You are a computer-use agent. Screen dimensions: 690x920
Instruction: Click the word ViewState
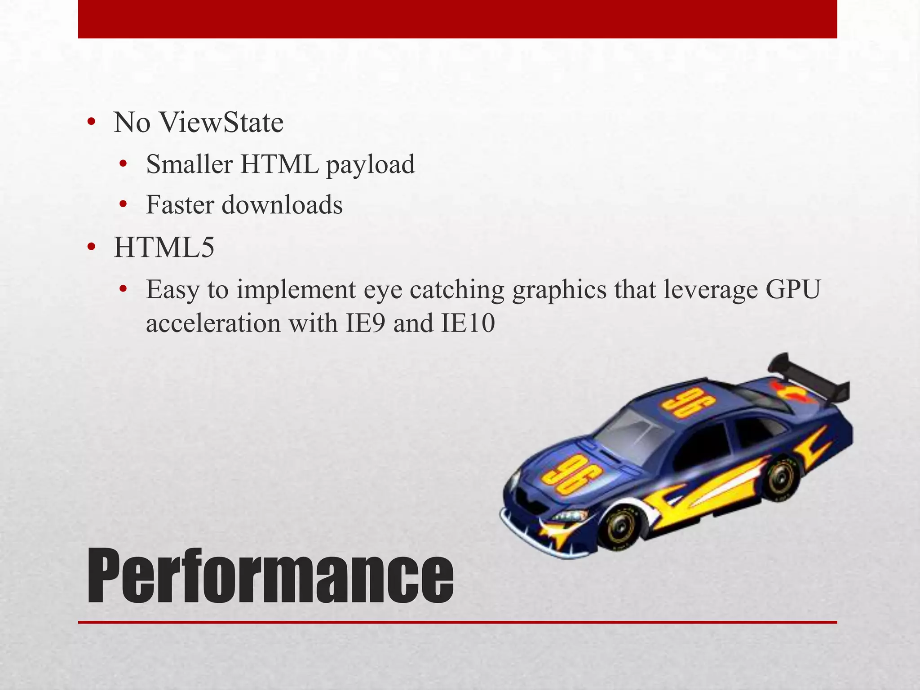coord(222,123)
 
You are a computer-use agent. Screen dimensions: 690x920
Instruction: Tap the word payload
coord(370,165)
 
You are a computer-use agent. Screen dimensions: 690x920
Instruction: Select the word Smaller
coord(189,164)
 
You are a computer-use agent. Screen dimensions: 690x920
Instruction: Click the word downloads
coord(282,205)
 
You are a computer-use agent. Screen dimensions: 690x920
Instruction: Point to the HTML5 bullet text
coord(164,248)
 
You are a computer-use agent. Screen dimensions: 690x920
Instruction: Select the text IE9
coord(365,323)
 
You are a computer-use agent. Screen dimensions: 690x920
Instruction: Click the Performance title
coord(270,577)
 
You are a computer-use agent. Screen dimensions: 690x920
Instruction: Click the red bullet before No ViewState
coord(91,123)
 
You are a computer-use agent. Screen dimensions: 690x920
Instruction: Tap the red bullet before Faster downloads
coord(124,206)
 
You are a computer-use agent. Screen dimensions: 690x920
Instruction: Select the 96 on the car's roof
coord(682,403)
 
